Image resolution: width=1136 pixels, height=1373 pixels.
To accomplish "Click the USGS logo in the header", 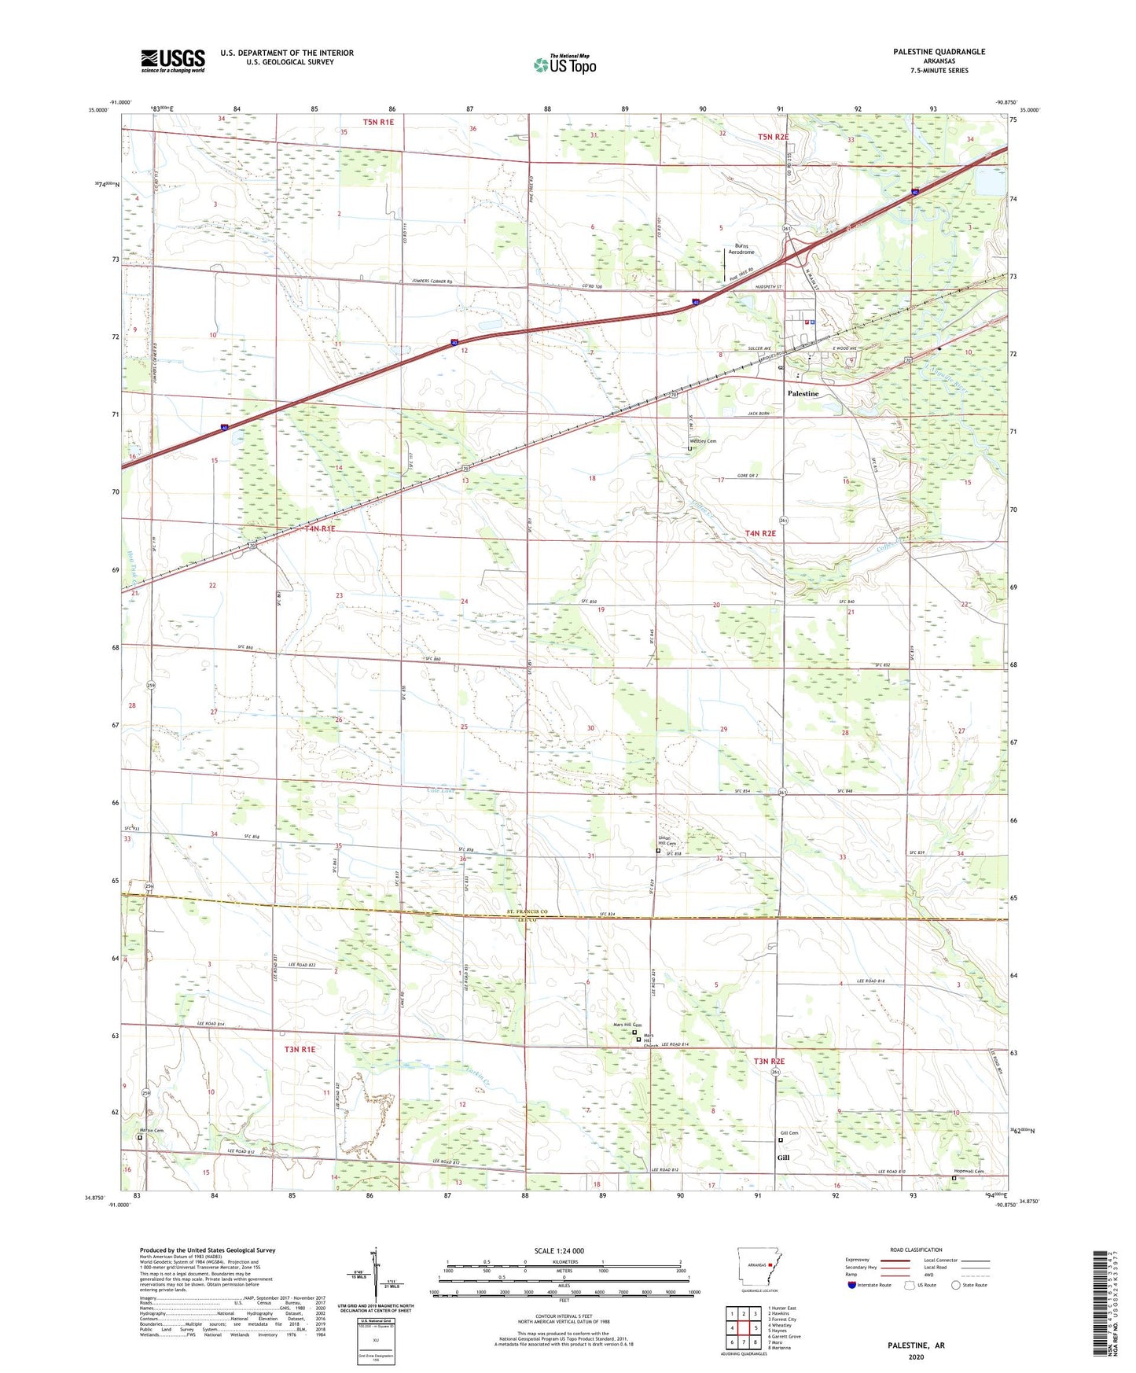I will point(173,61).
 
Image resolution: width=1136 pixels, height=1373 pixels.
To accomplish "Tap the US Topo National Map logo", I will point(564,64).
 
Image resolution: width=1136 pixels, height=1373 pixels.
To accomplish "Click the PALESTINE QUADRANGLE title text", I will point(939,52).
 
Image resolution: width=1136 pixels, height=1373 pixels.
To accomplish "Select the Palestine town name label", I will point(803,393).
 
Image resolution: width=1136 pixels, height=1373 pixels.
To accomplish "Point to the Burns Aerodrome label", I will point(741,248).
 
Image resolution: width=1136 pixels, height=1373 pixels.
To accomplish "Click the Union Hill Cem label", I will point(666,841).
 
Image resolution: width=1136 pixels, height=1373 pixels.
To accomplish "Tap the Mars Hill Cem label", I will point(627,1025).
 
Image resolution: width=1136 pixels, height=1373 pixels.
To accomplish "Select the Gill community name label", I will point(783,1158).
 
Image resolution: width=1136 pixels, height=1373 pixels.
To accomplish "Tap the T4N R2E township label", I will point(760,533).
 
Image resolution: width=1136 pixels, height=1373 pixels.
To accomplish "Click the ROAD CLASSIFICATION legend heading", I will point(916,1250).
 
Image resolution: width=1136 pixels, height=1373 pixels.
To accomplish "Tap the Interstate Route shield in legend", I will point(852,1285).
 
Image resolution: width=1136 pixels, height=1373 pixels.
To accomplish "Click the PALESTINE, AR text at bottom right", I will point(916,1345).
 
